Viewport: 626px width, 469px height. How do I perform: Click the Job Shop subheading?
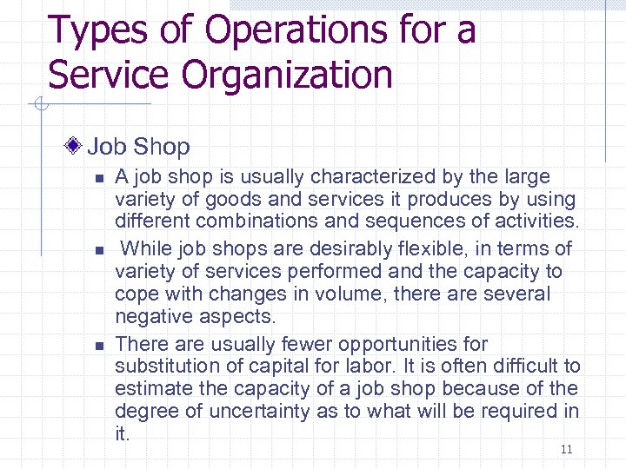(x=138, y=147)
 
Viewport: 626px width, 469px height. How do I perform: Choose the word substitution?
(x=167, y=366)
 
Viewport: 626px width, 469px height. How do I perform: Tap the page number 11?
(x=566, y=449)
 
